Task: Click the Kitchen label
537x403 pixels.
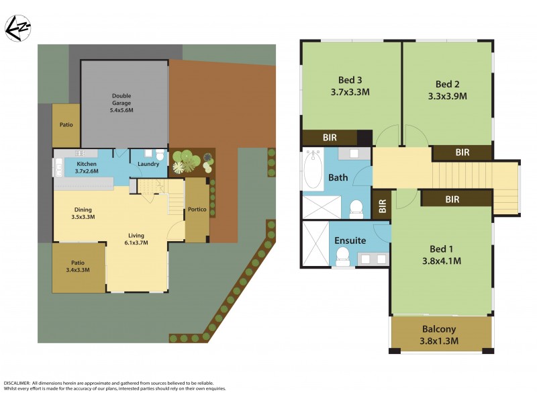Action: pos(87,164)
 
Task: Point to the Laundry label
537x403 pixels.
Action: pos(148,164)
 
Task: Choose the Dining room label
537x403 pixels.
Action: pos(83,209)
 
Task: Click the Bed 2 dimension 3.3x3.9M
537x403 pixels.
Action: pos(447,96)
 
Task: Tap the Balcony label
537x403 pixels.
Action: pos(439,329)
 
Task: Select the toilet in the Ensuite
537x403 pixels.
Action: pos(342,255)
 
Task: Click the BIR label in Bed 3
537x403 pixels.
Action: pos(330,137)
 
